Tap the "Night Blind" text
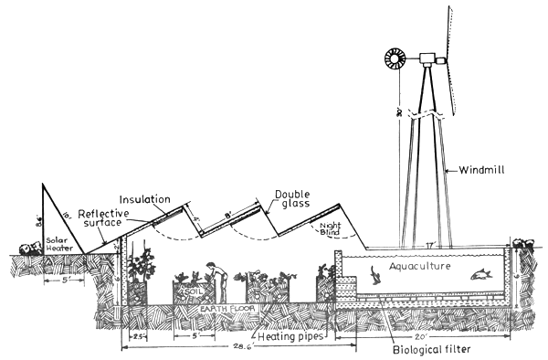(x=332, y=228)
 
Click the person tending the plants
(x=216, y=280)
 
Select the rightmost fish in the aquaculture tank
(x=479, y=271)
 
